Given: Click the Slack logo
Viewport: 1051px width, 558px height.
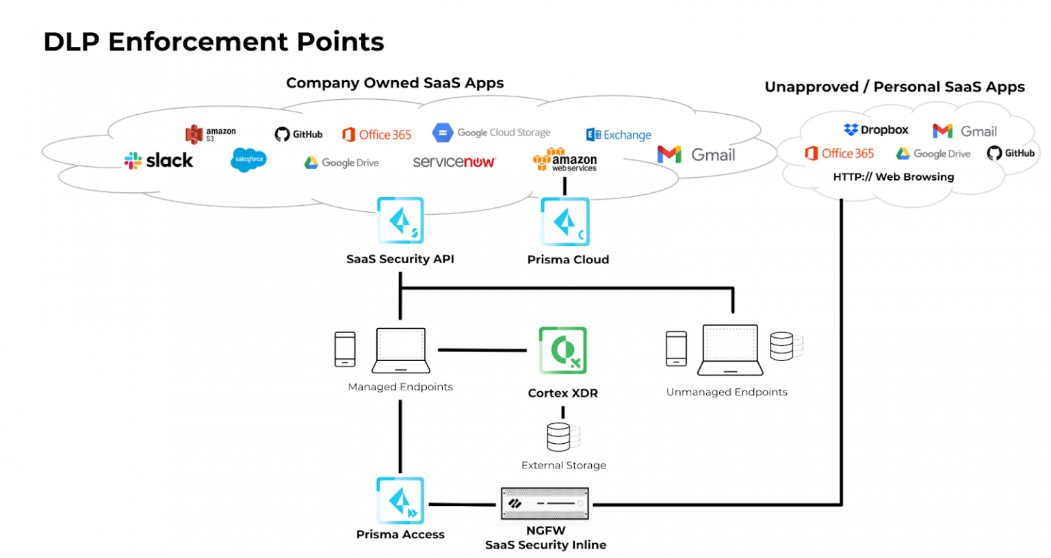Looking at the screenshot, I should click(x=159, y=161).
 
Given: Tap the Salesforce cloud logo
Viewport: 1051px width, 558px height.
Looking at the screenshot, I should click(x=248, y=159).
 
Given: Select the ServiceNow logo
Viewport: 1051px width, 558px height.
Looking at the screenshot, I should click(x=454, y=162).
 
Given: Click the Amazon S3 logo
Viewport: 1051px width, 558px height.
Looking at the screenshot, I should click(x=210, y=134).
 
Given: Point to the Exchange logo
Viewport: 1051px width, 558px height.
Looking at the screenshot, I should click(x=619, y=135).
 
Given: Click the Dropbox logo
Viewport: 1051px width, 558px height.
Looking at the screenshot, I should click(x=876, y=130).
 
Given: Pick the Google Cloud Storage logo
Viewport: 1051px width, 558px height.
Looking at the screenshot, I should click(x=491, y=133).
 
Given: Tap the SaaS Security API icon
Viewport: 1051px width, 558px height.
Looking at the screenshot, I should click(x=400, y=220).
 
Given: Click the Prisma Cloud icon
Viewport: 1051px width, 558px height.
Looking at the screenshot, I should click(x=565, y=222).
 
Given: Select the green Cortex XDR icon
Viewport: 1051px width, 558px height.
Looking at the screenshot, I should click(x=562, y=350).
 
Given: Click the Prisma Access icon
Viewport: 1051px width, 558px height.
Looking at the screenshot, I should click(x=400, y=501).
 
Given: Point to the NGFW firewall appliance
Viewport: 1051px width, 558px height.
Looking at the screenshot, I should click(x=545, y=504).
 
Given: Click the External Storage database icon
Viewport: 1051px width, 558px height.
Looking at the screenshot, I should click(x=559, y=437).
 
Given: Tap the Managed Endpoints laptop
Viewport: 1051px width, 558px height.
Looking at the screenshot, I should click(x=400, y=350).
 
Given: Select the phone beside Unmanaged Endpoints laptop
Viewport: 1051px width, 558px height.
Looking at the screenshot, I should click(x=676, y=349).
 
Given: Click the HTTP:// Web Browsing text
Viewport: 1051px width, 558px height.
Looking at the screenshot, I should click(x=893, y=177).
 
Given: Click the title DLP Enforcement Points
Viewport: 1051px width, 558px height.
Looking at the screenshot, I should click(x=213, y=42).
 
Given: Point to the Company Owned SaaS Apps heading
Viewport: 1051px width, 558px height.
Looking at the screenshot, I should click(x=395, y=83).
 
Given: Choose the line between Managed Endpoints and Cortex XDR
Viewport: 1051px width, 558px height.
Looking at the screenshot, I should click(x=482, y=350).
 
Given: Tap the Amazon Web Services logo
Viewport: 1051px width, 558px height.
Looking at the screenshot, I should click(x=565, y=159).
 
